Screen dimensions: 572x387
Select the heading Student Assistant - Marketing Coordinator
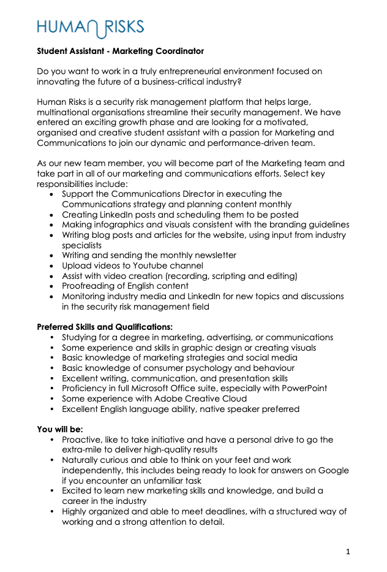[120, 51]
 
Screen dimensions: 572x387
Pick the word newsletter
[214, 255]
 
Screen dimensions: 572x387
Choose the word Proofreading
[89, 286]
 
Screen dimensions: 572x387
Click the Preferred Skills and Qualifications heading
[105, 327]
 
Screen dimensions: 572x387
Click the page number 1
[348, 552]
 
